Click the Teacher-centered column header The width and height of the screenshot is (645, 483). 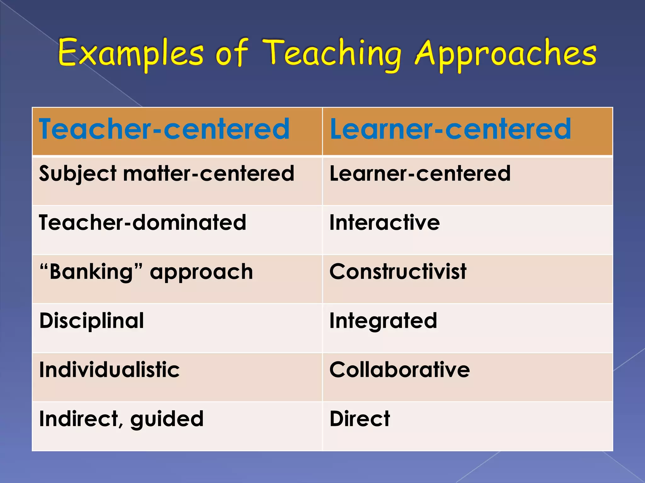point(164,129)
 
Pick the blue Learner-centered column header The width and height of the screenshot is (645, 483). point(450,129)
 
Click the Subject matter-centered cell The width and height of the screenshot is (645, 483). point(167,174)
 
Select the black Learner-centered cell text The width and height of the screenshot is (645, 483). point(420,174)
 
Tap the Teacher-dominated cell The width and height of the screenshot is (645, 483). point(142,223)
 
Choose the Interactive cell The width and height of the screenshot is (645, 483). point(385,223)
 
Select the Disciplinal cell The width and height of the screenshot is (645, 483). point(92,321)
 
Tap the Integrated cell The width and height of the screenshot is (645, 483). point(383,321)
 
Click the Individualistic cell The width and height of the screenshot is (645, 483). point(109,369)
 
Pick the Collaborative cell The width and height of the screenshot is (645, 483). point(399,369)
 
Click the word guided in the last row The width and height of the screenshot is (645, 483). point(167,419)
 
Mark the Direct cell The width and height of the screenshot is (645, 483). point(360,419)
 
